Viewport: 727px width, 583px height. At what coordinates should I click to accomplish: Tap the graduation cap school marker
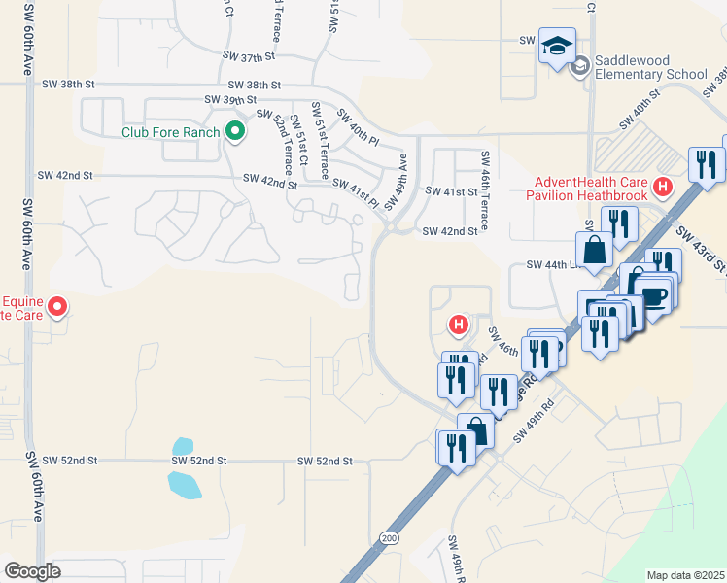558,46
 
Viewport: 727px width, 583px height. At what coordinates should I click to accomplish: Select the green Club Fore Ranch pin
233,131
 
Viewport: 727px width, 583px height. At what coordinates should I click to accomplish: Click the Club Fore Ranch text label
171,131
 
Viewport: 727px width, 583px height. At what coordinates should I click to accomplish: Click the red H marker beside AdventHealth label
664,186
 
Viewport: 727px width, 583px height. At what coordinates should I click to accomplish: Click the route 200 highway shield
390,537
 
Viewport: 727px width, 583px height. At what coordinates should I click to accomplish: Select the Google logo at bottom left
32,571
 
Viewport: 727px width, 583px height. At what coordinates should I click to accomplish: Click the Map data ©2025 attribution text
684,575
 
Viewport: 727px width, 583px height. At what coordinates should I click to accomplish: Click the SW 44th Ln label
546,264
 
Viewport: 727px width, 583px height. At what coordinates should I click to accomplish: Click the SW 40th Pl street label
358,127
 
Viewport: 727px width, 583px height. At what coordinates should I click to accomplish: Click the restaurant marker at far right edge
705,163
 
